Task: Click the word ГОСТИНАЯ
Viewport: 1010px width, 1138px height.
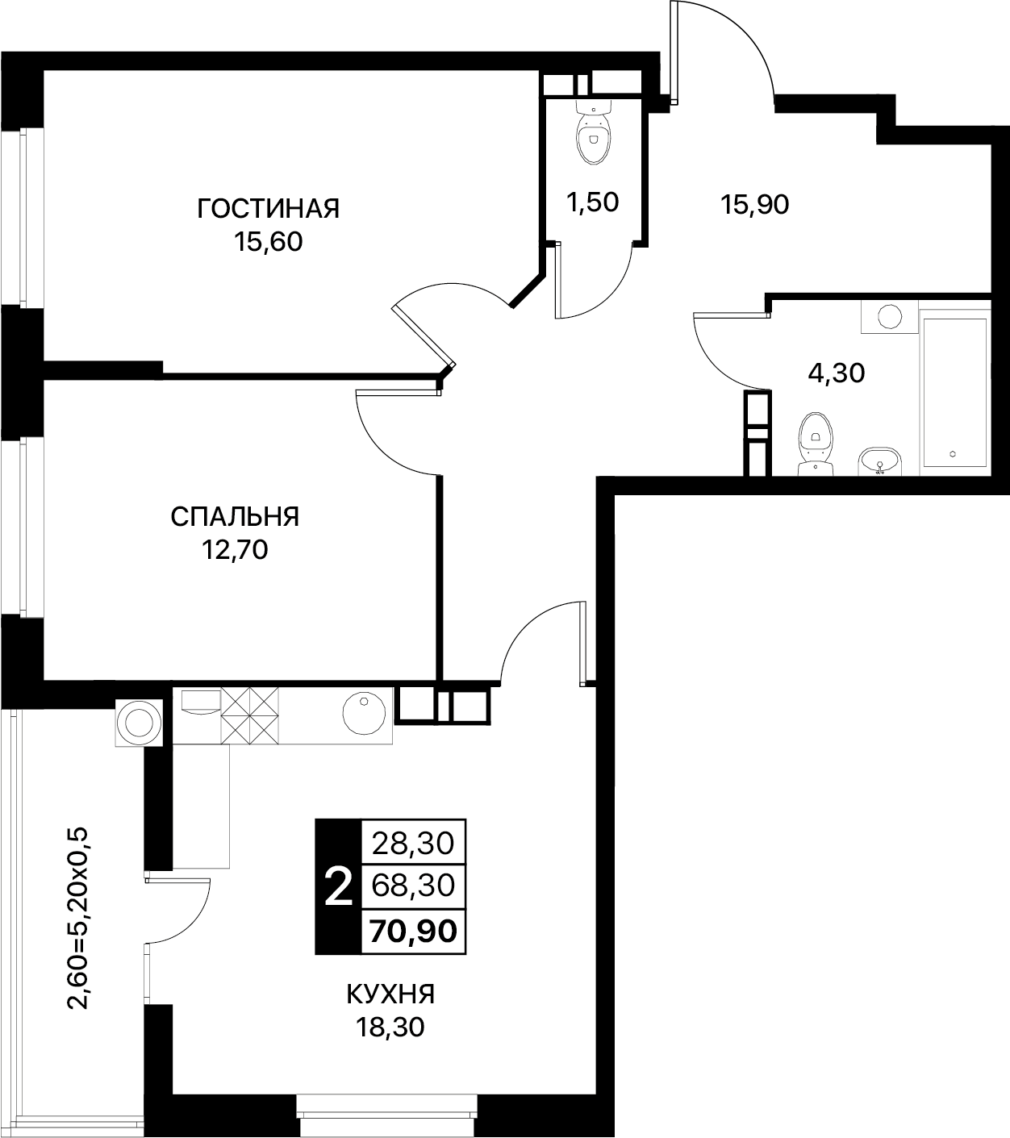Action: pos(269,208)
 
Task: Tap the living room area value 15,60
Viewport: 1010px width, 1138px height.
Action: pos(269,242)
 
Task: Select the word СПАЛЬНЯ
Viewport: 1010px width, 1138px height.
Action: pos(235,516)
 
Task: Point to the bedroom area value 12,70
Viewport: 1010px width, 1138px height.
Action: pos(235,550)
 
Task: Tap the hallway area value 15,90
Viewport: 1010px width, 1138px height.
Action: pos(754,205)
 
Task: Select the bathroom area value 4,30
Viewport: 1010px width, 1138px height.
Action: pos(836,373)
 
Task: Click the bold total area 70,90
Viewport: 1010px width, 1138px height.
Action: pos(413,931)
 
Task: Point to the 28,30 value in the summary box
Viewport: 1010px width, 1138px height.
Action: pos(413,844)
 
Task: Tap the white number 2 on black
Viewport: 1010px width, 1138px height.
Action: pos(339,887)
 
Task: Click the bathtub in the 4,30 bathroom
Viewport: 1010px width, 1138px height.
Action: pos(955,394)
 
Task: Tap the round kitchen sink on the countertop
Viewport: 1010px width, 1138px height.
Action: pos(364,713)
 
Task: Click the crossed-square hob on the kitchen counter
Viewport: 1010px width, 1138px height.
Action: pos(249,715)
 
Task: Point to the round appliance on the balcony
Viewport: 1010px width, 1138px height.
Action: pos(139,723)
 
